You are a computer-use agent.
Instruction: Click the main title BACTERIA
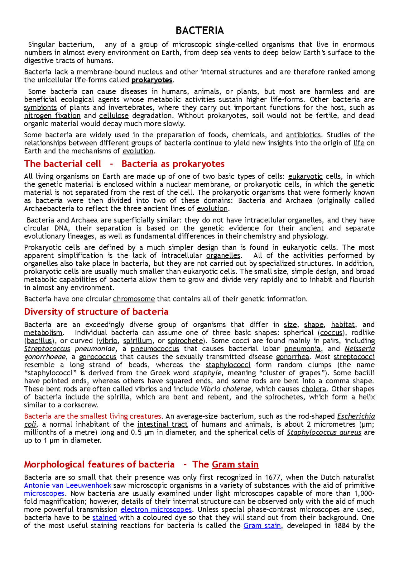tap(199, 31)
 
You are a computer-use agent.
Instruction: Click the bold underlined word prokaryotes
tap(152, 80)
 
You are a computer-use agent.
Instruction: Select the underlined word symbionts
tap(41, 108)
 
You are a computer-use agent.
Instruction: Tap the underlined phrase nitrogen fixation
tap(52, 116)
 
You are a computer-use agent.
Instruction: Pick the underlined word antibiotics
tap(303, 135)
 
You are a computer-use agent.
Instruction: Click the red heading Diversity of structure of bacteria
tap(96, 312)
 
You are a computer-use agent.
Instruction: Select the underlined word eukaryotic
tap(305, 177)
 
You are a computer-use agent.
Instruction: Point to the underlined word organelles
tap(223, 256)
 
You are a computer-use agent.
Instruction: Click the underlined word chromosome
tap(134, 299)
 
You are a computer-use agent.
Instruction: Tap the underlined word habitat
tap(343, 325)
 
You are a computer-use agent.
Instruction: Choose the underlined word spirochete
tap(185, 341)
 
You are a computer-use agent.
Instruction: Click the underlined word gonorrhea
tap(293, 357)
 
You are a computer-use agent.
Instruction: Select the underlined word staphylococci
tap(228, 365)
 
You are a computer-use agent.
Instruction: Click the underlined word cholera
tap(314, 389)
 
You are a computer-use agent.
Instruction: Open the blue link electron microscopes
tap(156, 510)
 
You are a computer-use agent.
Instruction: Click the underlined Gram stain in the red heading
tap(235, 465)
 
